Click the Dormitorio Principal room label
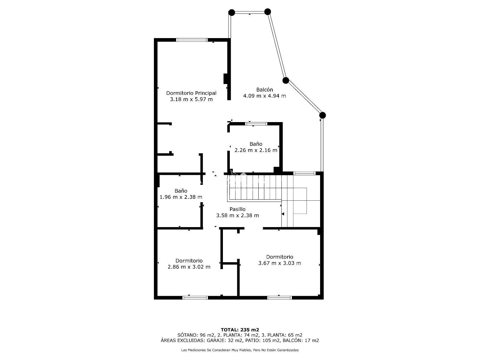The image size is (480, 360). coord(191,93)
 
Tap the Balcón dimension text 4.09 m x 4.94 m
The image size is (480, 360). coord(264,96)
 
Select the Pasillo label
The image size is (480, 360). coord(238,209)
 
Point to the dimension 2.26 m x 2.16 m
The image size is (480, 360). coord(256,150)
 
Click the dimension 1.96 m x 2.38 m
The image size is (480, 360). coord(181,197)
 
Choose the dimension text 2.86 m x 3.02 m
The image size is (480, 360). coord(189,267)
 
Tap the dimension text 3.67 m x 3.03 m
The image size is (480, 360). coord(280,263)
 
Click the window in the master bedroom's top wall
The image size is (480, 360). coord(192,40)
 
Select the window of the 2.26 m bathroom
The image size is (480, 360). coord(256,124)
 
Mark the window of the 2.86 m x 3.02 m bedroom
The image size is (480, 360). coord(195,298)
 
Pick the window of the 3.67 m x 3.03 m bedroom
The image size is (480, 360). coord(280,298)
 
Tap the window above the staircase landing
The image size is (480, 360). coord(304,173)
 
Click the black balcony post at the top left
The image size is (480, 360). coord(232,13)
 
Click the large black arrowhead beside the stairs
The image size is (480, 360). coord(283,214)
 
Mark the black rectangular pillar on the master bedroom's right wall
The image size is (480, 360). coord(226,79)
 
